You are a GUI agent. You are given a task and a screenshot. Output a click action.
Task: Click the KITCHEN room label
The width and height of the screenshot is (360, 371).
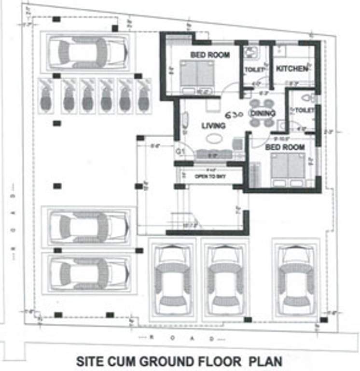tap(291, 69)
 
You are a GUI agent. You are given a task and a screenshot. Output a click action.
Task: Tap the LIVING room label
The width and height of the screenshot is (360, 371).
tap(213, 126)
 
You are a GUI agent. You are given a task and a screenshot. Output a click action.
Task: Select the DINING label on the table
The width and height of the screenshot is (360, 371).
tap(263, 113)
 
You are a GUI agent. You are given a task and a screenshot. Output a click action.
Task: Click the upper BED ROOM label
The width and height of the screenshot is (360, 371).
tap(209, 55)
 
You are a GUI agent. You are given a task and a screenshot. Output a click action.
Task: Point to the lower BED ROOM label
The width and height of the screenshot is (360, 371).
tap(285, 147)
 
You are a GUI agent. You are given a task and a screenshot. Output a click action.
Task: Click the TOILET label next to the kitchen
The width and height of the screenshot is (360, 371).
tap(254, 70)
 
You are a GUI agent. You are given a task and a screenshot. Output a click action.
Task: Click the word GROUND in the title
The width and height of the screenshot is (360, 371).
tap(159, 361)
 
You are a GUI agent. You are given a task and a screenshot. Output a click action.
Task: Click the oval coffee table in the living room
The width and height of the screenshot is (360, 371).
tap(212, 139)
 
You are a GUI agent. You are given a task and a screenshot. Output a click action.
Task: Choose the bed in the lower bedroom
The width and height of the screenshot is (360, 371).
tap(288, 167)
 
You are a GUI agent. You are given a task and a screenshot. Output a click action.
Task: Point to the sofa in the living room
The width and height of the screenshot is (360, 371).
tap(213, 154)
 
